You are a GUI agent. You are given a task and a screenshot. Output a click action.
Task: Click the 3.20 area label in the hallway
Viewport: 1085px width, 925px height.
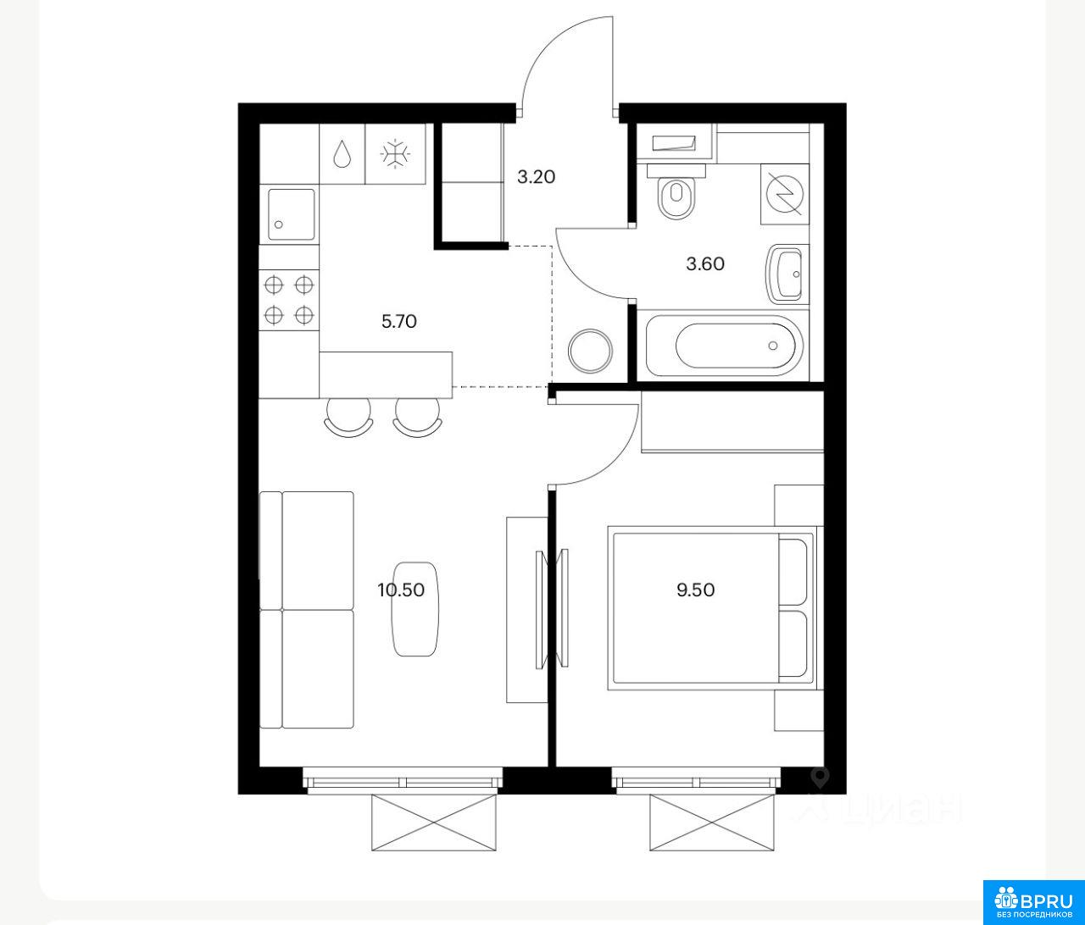click(x=536, y=177)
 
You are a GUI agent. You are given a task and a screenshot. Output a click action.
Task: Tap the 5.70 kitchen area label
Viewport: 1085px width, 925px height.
click(x=399, y=321)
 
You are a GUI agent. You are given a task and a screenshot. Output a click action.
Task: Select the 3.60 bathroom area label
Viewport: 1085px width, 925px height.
click(x=705, y=264)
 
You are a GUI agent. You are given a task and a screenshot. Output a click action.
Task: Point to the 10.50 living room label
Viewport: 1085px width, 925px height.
click(x=401, y=590)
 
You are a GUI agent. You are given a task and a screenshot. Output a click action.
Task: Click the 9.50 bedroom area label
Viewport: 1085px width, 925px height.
click(x=696, y=590)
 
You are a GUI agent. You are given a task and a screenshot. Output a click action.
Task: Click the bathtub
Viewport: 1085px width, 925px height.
click(x=725, y=346)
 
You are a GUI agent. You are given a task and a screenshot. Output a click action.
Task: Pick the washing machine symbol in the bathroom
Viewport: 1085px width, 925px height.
click(x=784, y=194)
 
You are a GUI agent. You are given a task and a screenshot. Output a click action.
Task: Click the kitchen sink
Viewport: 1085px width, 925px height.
click(x=292, y=214)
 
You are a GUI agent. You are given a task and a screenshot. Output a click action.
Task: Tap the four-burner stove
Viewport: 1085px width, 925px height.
click(x=289, y=300)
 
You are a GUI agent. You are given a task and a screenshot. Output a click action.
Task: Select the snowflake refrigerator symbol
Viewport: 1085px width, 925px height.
click(x=395, y=155)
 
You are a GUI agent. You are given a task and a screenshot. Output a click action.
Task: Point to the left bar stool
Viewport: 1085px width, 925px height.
click(x=348, y=417)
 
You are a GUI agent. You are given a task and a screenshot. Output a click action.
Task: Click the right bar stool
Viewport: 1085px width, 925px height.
click(x=417, y=417)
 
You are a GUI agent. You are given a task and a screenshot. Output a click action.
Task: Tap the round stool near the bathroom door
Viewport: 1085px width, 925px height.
click(x=591, y=351)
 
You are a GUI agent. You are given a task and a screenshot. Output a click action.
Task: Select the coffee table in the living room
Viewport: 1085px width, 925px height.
click(x=415, y=609)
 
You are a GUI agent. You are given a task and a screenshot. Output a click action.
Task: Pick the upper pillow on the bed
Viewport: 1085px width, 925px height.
click(x=793, y=572)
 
